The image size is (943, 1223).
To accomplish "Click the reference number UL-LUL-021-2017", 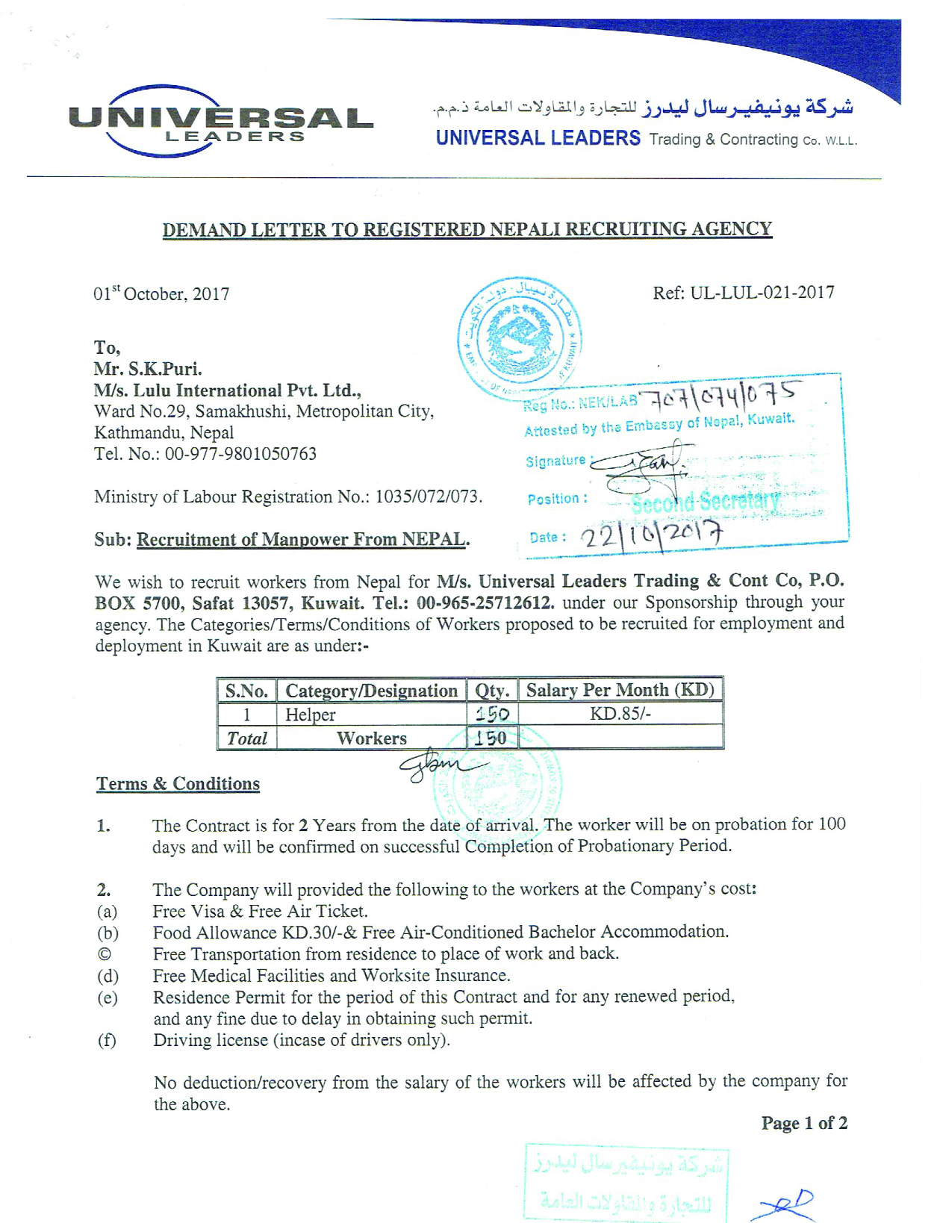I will tap(762, 293).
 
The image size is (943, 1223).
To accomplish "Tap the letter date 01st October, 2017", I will tap(161, 293).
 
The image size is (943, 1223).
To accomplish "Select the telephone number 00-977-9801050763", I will tap(240, 454).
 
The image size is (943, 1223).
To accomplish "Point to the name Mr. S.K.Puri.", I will tap(148, 369).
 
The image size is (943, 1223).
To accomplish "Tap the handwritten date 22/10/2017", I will tap(652, 535).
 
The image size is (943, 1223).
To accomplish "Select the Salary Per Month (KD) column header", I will tap(620, 690).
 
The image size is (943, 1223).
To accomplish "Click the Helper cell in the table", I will tap(311, 715).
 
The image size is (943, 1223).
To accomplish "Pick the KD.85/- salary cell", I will tap(620, 714).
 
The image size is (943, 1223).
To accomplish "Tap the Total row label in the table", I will tap(247, 738).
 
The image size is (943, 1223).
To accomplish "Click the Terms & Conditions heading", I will tap(178, 784).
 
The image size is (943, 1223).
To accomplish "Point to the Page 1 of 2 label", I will tap(804, 1123).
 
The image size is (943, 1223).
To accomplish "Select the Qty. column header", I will tap(492, 691).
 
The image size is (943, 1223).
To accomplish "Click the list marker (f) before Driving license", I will tap(107, 1040).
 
